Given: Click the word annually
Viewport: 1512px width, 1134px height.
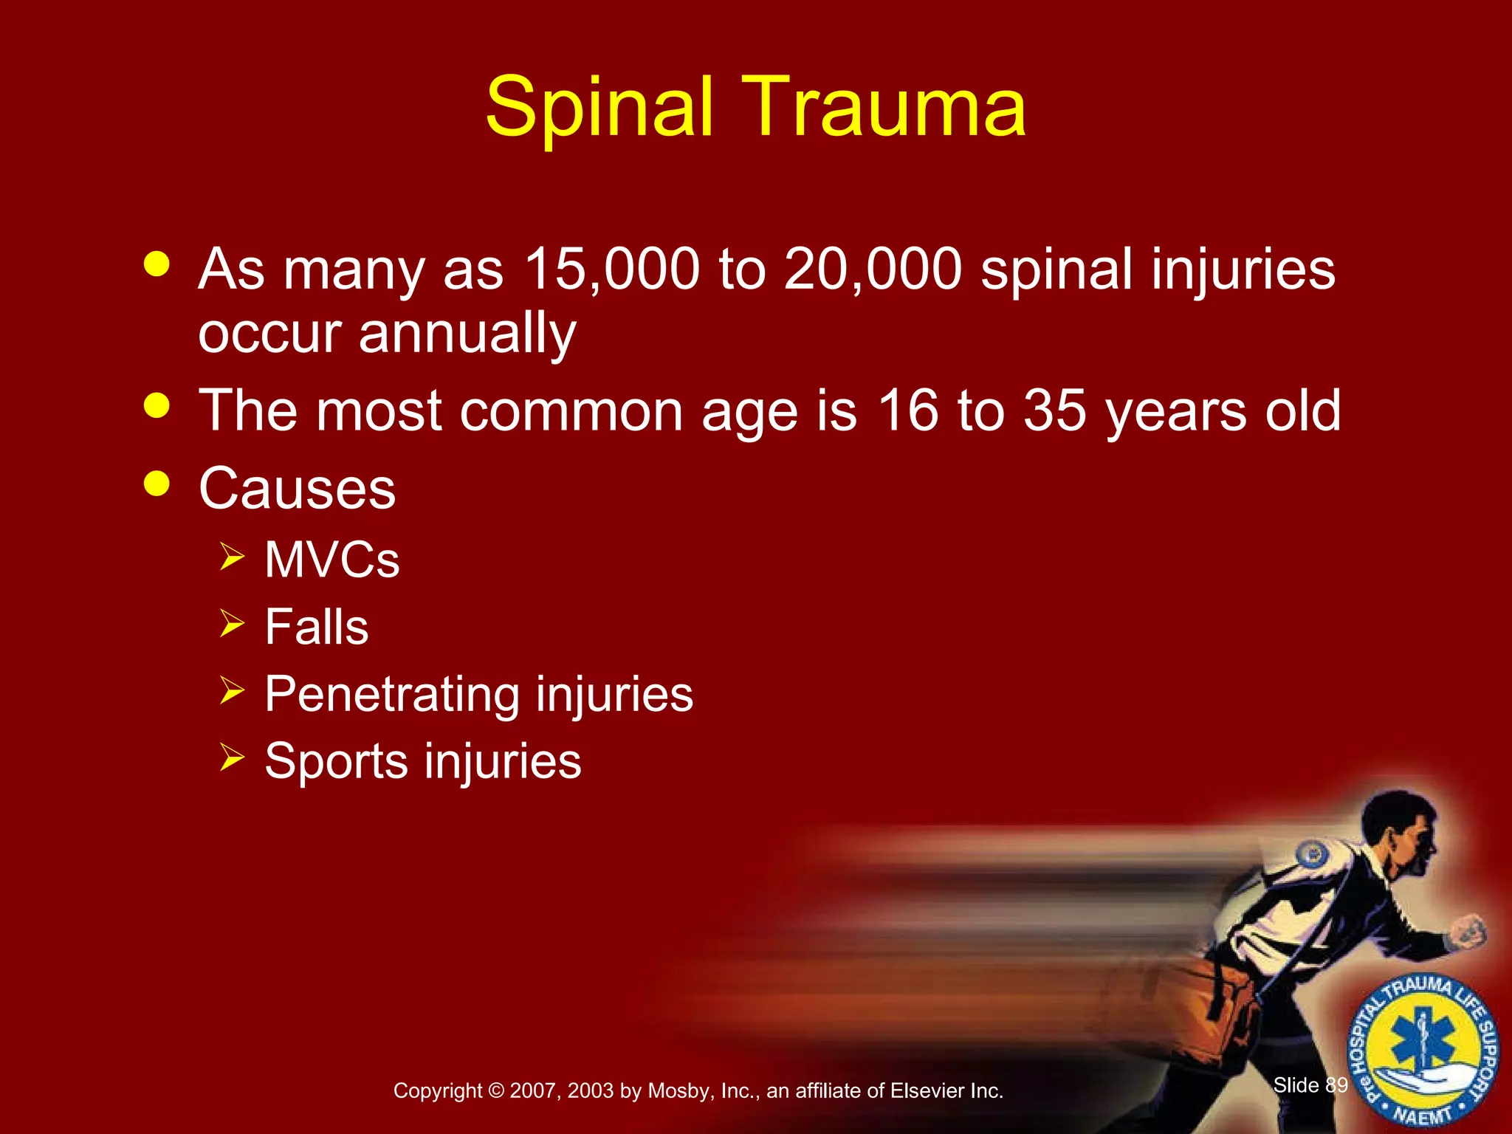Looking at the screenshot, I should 467,334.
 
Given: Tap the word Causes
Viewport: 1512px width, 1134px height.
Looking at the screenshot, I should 298,489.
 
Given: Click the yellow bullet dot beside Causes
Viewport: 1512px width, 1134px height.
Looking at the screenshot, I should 157,484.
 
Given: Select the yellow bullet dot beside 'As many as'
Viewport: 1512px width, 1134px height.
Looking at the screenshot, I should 157,264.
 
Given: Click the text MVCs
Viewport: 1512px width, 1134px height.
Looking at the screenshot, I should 332,560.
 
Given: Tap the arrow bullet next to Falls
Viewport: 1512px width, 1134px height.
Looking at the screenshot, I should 232,625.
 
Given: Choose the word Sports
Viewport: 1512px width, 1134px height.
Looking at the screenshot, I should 335,761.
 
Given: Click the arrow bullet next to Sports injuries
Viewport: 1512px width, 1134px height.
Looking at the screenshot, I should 232,758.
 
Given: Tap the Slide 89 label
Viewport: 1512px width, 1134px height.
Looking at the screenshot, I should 1310,1085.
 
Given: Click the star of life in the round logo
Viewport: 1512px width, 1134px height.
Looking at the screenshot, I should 1423,1042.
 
